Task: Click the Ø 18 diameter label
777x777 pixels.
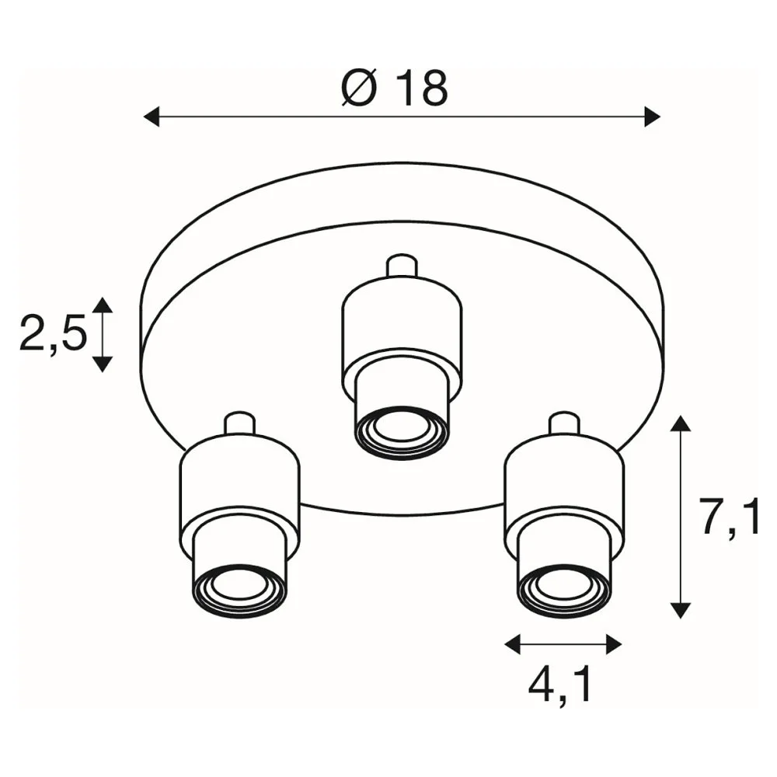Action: (395, 89)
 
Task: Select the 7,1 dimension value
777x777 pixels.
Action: (731, 517)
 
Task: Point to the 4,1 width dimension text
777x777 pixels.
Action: (560, 688)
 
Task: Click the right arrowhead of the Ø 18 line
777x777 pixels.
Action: (652, 117)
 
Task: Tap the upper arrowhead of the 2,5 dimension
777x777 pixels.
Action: (103, 305)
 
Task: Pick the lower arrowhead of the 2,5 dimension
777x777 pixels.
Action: (103, 364)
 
